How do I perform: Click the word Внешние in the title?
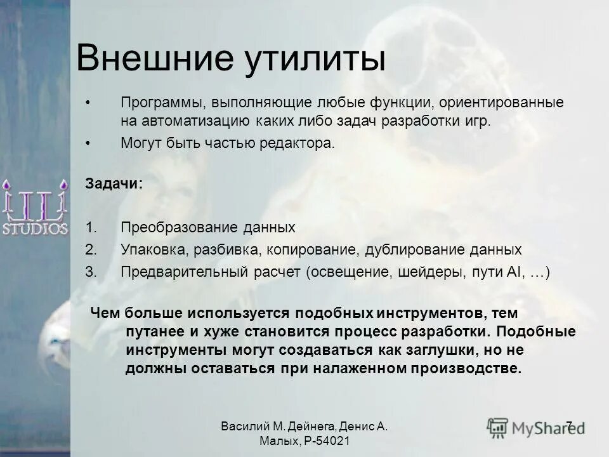coord(153,59)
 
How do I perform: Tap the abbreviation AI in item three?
coord(513,272)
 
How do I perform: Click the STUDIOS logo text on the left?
coord(35,228)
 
